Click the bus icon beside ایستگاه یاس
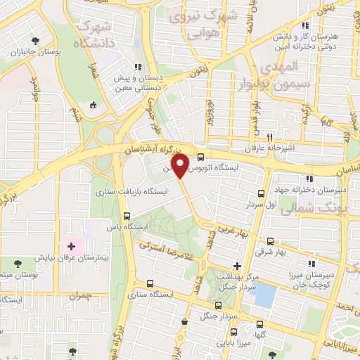tap(127, 216)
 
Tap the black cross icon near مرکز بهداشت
tap(237, 266)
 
